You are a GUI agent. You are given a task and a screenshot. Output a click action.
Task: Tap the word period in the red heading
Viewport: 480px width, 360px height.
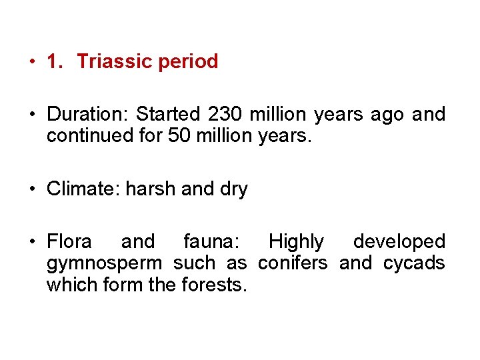188,61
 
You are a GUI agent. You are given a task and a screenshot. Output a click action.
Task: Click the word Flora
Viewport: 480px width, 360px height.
69,241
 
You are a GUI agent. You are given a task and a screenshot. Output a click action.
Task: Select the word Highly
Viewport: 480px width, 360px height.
296,241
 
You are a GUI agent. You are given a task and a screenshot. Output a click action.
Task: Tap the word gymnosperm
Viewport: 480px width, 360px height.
104,264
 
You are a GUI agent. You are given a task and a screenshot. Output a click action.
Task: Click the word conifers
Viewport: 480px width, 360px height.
293,263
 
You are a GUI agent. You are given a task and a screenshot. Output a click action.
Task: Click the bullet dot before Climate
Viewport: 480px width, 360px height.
32,189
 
